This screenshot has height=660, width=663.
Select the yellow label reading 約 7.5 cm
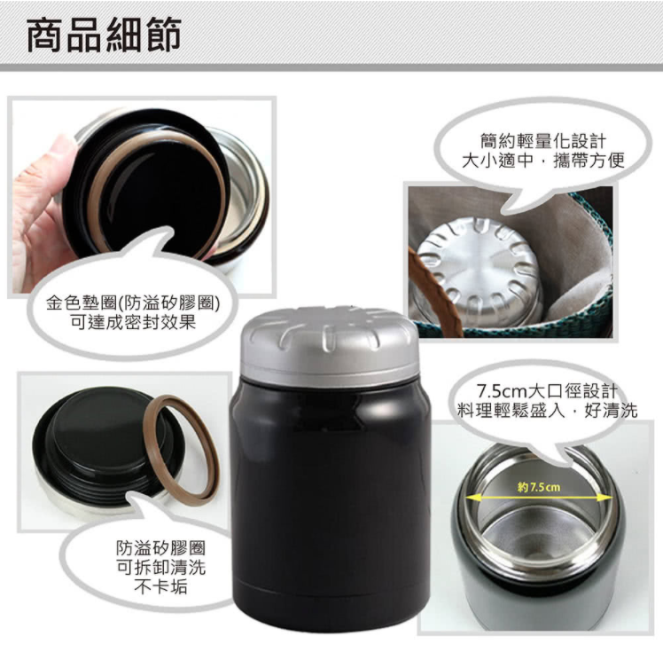click(x=538, y=487)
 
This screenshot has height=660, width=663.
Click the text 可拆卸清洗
click(x=149, y=568)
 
